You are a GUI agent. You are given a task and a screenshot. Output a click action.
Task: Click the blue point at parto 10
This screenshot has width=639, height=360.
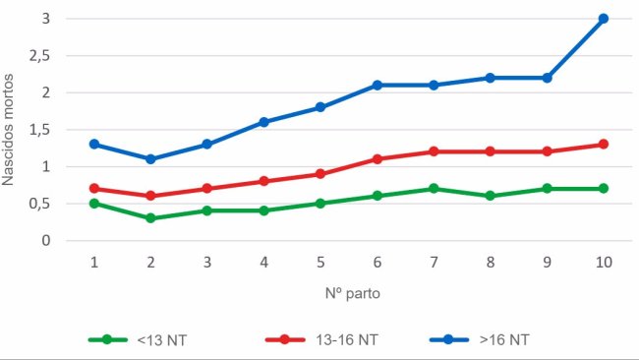point(604,19)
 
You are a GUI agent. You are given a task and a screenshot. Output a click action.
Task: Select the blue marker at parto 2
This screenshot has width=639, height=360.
point(150,158)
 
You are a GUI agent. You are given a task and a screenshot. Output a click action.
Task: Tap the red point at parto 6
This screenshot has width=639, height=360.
point(378,158)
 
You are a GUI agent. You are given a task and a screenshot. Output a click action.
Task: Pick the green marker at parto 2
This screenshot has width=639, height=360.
point(150,217)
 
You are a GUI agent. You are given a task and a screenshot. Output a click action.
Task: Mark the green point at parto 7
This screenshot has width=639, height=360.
point(434,188)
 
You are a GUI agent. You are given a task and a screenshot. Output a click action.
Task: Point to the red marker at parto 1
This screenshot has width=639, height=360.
point(94,188)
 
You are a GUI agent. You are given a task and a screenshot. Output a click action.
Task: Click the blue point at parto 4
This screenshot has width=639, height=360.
point(264,122)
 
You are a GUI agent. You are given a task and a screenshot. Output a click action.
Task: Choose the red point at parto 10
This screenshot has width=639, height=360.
point(604,144)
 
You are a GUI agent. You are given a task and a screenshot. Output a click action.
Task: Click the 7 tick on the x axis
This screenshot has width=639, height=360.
point(434,263)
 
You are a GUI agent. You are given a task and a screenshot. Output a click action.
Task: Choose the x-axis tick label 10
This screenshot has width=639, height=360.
point(604,263)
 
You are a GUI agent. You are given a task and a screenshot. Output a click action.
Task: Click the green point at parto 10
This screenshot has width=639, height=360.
point(604,188)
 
